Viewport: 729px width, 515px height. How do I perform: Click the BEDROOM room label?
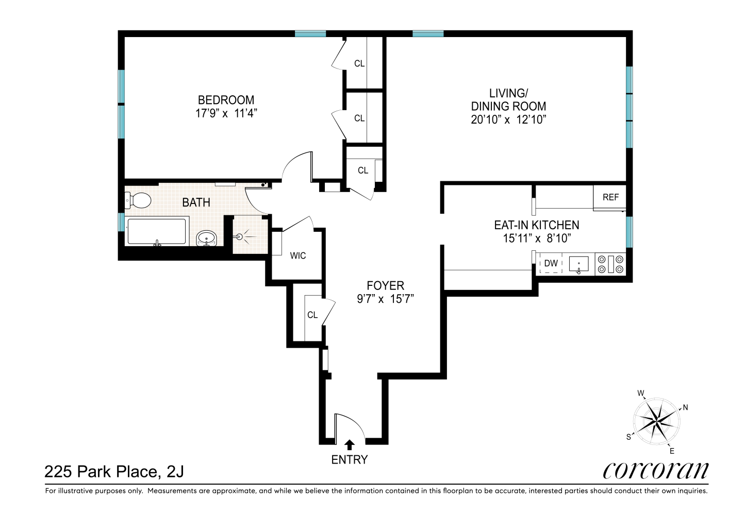pyautogui.click(x=226, y=100)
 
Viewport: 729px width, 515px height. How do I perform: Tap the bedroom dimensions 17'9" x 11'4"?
pyautogui.click(x=226, y=113)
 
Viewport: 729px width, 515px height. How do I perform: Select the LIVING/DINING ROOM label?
pyautogui.click(x=508, y=100)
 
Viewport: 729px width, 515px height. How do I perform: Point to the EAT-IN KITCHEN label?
pyautogui.click(x=537, y=225)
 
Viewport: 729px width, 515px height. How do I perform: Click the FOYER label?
pyautogui.click(x=385, y=285)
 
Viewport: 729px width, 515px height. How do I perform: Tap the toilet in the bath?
pyautogui.click(x=138, y=200)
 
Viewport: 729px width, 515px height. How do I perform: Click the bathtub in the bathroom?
pyautogui.click(x=157, y=232)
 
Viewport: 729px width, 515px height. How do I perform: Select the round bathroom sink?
pyautogui.click(x=207, y=238)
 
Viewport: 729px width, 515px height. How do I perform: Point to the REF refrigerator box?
pyautogui.click(x=610, y=197)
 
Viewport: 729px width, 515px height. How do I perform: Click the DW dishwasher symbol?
pyautogui.click(x=551, y=263)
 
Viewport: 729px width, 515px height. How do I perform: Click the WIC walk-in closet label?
pyautogui.click(x=298, y=255)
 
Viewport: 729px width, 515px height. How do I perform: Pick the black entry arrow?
pyautogui.click(x=350, y=444)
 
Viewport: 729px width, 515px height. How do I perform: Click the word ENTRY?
pyautogui.click(x=350, y=459)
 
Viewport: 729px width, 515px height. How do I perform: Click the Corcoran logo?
pyautogui.click(x=656, y=470)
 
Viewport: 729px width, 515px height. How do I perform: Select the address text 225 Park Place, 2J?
pyautogui.click(x=114, y=471)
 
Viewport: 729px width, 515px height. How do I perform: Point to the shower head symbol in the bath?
pyautogui.click(x=240, y=237)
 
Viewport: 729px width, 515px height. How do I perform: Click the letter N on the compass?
pyautogui.click(x=685, y=407)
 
